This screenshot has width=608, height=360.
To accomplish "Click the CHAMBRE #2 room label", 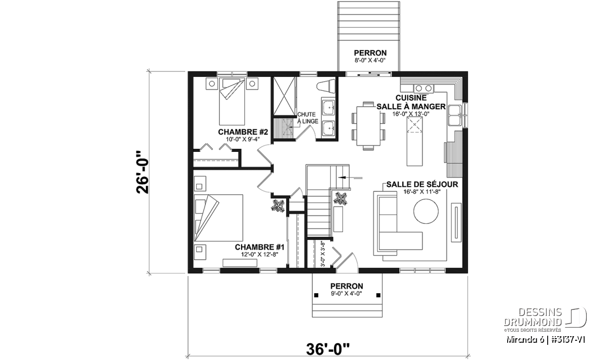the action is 243,132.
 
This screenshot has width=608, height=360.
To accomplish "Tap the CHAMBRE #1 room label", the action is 259,248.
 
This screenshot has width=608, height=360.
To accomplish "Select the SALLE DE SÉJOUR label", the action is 422,184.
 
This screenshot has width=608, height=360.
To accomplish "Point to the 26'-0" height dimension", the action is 143,172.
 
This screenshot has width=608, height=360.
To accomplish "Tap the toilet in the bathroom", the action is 326,86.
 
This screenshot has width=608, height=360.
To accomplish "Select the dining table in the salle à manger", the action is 368,126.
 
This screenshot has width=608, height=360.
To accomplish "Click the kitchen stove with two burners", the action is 424,88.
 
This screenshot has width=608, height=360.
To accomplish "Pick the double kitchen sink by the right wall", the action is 454,115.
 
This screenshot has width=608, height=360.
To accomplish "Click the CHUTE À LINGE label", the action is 308,118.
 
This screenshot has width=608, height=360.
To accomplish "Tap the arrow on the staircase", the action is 350,178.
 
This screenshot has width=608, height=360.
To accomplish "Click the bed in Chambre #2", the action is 232,102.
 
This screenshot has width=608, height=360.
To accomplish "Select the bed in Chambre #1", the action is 218,218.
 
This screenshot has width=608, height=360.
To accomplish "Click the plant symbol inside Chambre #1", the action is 278,206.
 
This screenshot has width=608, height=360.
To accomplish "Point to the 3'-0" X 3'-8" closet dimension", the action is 323,254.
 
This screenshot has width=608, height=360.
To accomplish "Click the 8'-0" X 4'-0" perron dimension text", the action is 370,60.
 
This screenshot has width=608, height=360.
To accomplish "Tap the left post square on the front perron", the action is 316,295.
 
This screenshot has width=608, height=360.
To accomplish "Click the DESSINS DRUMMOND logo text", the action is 533,317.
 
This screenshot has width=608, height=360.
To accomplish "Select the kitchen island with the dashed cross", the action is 414,141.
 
